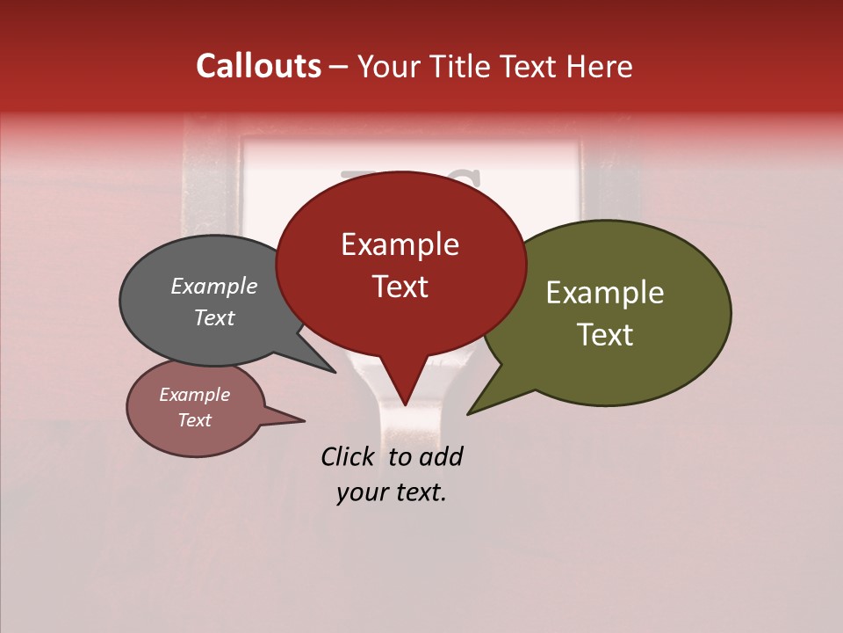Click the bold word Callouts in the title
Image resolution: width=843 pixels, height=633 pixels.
tap(258, 66)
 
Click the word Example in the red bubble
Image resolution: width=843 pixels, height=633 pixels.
tap(400, 244)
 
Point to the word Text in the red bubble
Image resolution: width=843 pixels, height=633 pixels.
tap(400, 286)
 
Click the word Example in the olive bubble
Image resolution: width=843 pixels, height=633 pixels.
tap(605, 293)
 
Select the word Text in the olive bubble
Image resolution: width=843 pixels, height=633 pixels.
tap(605, 334)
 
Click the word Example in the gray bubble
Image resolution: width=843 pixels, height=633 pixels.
tap(214, 286)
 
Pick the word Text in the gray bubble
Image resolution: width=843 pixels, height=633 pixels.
tap(214, 317)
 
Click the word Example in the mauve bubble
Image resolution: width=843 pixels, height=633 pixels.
tap(194, 395)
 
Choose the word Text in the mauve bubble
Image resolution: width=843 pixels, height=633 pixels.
tap(194, 420)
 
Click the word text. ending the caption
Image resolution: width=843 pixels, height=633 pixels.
tap(419, 492)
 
